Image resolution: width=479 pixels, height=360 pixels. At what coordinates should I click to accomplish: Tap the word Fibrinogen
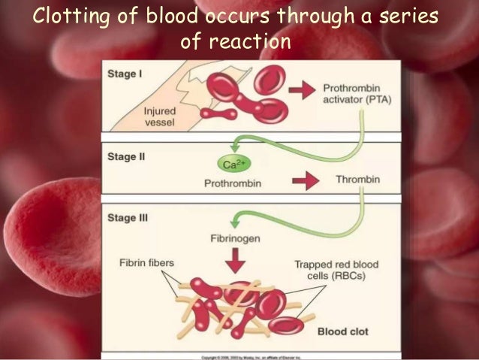click(x=235, y=240)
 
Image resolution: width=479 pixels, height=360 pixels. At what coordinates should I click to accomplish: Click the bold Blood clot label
click(x=342, y=331)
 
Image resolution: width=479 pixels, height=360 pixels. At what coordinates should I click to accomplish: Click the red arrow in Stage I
click(x=300, y=91)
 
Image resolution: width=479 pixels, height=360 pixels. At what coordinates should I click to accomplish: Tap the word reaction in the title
click(x=252, y=42)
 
